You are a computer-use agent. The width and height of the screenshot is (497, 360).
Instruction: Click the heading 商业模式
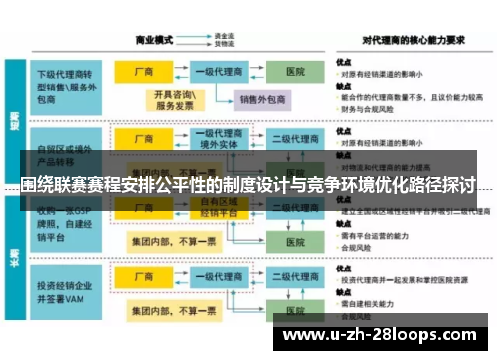(154, 40)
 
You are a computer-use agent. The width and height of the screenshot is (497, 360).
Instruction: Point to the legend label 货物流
(225, 45)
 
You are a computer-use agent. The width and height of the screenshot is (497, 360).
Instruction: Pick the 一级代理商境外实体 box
(220, 140)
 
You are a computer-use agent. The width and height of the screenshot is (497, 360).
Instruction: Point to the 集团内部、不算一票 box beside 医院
(174, 240)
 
